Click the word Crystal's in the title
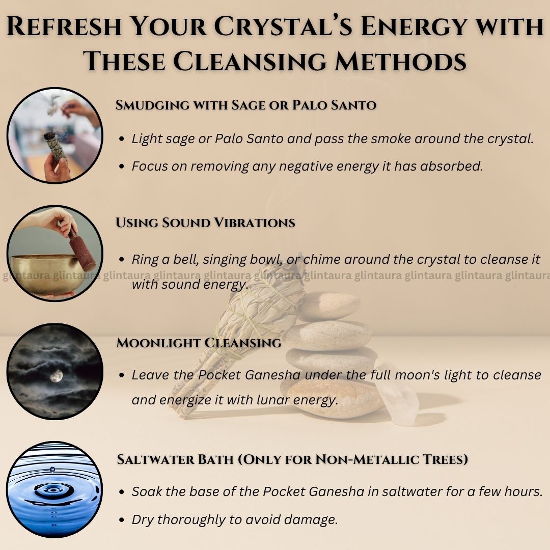click(284, 26)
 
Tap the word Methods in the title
click(400, 61)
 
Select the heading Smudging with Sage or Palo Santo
click(246, 105)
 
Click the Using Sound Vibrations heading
click(205, 223)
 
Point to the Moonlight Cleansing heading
click(199, 343)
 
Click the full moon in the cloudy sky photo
click(56, 376)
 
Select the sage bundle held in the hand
click(55, 146)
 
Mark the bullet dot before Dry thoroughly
click(122, 520)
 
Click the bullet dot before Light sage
click(122, 139)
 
